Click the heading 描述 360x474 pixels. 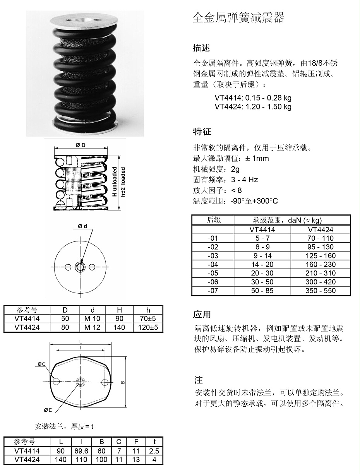click(201, 48)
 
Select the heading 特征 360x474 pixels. click(202, 132)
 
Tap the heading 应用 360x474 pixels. click(202, 314)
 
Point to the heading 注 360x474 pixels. click(199, 380)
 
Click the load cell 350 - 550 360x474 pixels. click(321, 291)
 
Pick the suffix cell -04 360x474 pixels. click(213, 264)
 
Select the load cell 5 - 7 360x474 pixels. click(262, 238)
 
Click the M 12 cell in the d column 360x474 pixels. click(93, 327)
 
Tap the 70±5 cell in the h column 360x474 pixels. click(148, 318)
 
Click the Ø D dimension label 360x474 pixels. click(81, 145)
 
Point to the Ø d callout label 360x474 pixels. click(82, 226)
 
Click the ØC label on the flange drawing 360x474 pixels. click(42, 364)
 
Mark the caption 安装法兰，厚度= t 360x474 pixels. click(64, 426)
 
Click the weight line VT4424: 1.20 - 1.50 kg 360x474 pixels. click(253, 106)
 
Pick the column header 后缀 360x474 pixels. click(213, 220)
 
